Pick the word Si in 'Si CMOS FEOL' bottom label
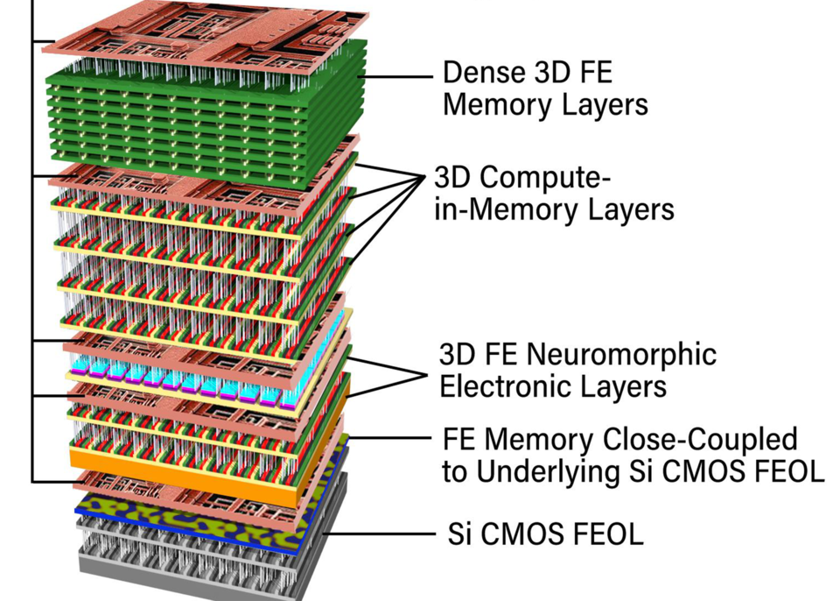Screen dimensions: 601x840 pos(458,533)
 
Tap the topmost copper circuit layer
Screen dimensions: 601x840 pos(201,31)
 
